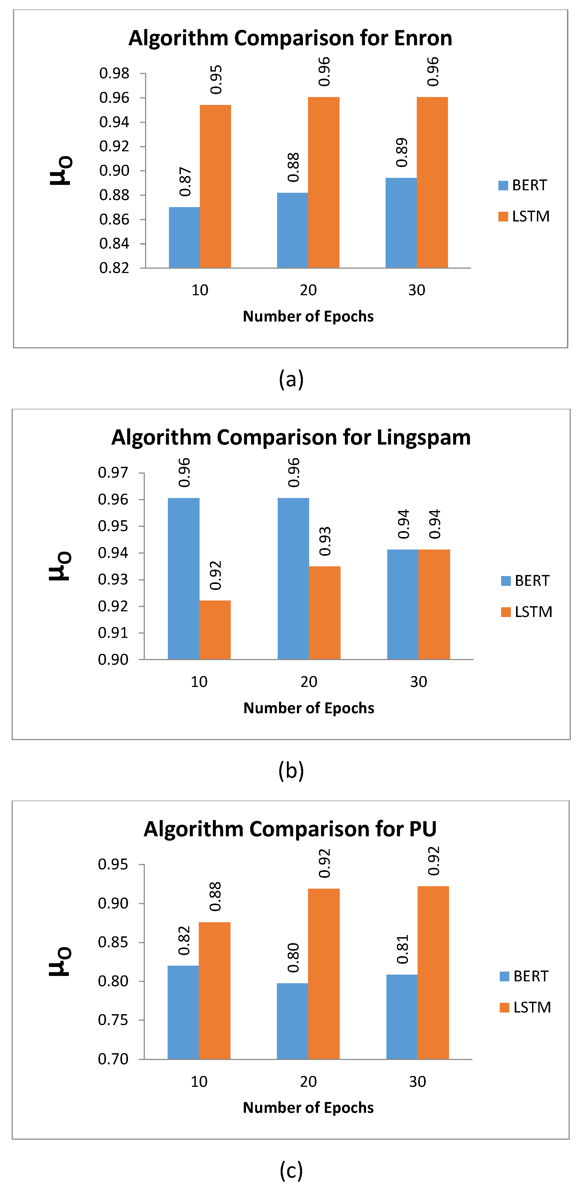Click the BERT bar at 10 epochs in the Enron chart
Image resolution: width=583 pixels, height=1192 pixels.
[x=184, y=237]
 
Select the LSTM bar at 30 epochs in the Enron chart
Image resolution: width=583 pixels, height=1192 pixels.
[x=432, y=183]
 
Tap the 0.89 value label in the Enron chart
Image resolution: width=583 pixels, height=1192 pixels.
[x=402, y=152]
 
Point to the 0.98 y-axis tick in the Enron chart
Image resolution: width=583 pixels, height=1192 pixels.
[x=114, y=73]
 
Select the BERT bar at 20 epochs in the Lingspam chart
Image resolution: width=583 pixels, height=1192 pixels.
[x=293, y=579]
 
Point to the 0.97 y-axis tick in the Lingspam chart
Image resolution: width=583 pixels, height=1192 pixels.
[x=113, y=473]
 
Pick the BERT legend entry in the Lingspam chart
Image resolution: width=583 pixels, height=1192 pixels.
[x=525, y=581]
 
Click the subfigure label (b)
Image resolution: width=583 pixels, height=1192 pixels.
[x=291, y=770]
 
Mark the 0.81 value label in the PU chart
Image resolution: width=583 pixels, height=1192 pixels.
[x=403, y=950]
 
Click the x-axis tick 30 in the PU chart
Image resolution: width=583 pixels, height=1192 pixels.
[x=417, y=1082]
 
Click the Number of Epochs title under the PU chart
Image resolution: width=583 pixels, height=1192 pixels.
[x=308, y=1108]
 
